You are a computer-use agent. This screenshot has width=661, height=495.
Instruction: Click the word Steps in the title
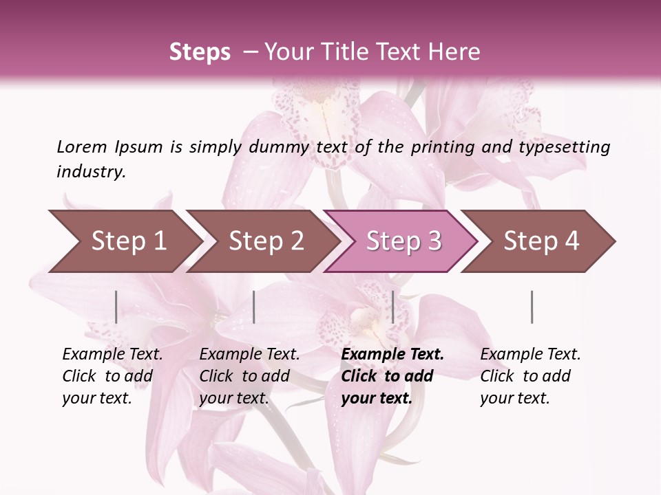coord(200,52)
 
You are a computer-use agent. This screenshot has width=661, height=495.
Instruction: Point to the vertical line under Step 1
coord(116,307)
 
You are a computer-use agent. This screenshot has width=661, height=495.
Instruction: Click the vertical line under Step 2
coord(254,307)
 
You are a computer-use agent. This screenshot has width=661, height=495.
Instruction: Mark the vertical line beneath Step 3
coord(392,307)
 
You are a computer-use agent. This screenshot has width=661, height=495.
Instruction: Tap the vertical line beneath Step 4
coord(532,307)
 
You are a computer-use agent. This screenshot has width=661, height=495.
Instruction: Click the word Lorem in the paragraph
coord(82,147)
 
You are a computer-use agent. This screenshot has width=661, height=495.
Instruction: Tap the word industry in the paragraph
coord(91,172)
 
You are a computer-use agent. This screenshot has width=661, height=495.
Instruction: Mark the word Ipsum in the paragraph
coord(138,147)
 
